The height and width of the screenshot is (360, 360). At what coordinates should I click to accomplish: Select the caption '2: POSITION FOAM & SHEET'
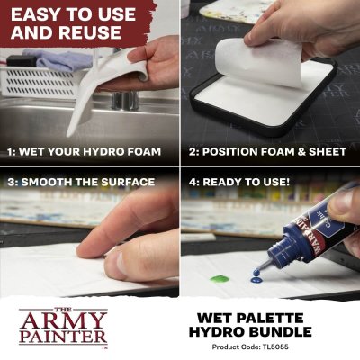pyautogui.click(x=269, y=152)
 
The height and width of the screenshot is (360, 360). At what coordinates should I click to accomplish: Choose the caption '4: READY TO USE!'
pyautogui.click(x=240, y=182)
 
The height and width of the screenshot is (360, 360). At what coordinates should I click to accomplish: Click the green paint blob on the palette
pyautogui.click(x=218, y=279)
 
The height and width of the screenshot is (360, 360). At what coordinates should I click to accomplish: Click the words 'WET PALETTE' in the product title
pyautogui.click(x=270, y=317)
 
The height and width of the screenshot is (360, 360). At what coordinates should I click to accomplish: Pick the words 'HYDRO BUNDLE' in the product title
pyautogui.click(x=270, y=332)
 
